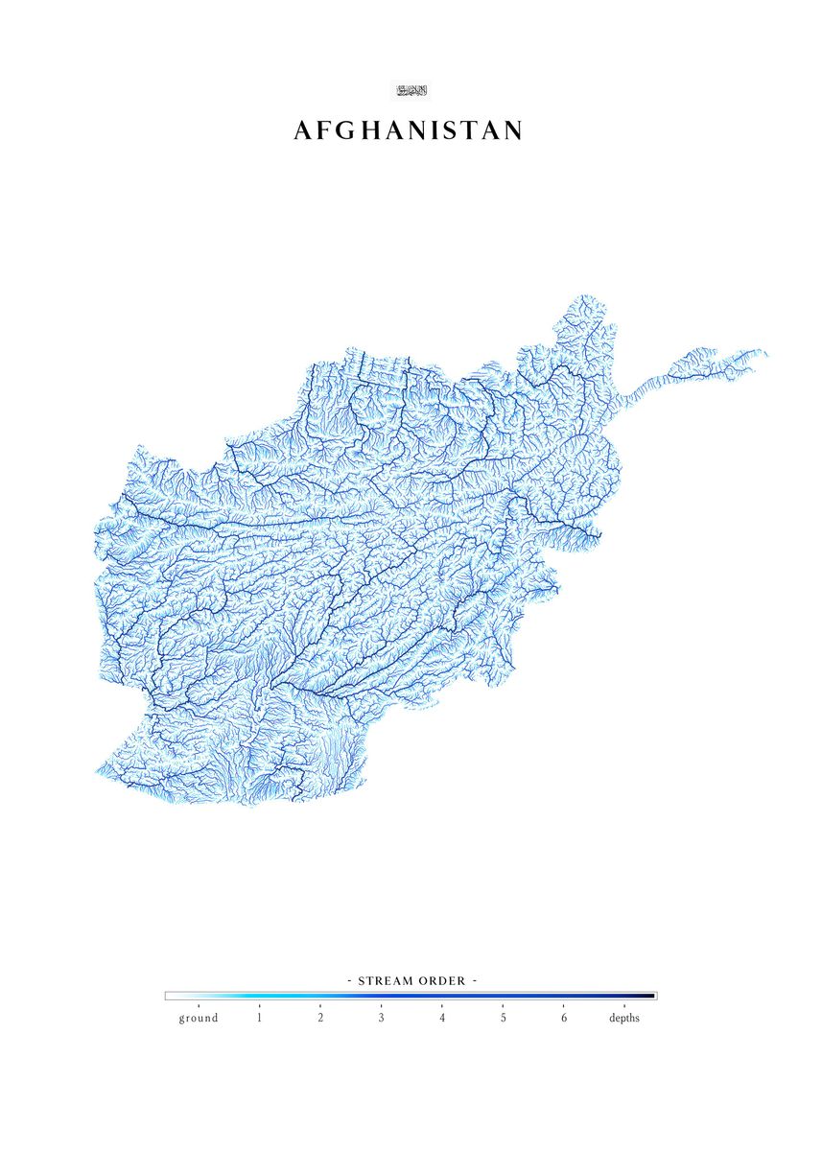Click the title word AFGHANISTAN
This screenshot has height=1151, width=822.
click(409, 131)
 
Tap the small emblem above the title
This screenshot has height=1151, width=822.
click(411, 90)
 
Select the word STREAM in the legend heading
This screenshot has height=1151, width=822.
click(386, 981)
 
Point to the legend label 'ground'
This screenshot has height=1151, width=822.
click(198, 1018)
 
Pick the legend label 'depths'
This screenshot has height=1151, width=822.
click(624, 1018)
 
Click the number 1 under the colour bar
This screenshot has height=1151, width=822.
click(259, 1018)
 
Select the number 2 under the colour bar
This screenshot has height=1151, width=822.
click(320, 1018)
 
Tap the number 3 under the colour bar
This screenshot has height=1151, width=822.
click(381, 1018)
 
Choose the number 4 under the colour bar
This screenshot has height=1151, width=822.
click(442, 1018)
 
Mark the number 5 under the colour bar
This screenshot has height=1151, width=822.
click(503, 1018)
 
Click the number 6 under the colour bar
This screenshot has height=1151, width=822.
click(564, 1018)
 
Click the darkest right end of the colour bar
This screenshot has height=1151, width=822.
click(652, 996)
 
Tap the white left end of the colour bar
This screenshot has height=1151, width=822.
click(170, 996)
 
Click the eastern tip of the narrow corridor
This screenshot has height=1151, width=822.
click(766, 352)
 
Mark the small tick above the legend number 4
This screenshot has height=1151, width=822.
click(442, 1005)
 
